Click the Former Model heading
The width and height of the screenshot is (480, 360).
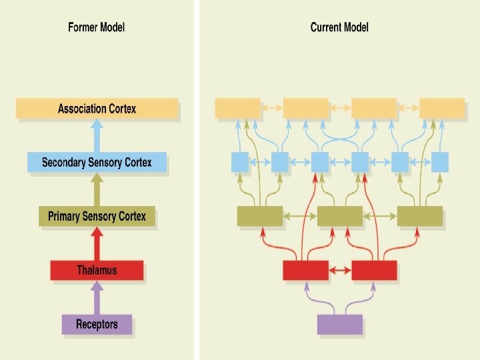(x=96, y=27)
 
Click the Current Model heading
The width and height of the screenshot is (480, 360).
(x=339, y=27)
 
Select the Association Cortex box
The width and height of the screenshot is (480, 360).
(x=97, y=108)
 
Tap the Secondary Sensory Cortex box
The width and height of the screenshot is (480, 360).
(x=97, y=162)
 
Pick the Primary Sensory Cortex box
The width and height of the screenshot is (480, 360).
(x=97, y=217)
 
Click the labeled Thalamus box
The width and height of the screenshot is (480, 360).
(x=97, y=270)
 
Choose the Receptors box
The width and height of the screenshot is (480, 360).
(x=97, y=325)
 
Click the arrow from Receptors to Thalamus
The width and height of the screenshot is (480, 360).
(x=97, y=297)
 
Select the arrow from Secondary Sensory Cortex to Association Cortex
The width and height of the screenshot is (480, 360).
(x=97, y=136)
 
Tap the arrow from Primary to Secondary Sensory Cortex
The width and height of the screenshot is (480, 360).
(x=97, y=189)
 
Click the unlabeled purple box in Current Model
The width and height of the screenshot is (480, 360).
(x=340, y=324)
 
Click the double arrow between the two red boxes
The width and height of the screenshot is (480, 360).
(x=340, y=270)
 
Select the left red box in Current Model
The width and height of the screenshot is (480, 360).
(x=305, y=270)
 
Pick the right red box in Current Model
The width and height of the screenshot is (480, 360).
(x=374, y=270)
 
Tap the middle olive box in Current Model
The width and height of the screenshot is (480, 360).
(x=340, y=215)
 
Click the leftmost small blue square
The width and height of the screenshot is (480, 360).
(x=240, y=161)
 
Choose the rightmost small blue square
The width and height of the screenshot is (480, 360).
(x=440, y=161)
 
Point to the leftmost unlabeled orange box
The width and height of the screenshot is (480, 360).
(x=238, y=108)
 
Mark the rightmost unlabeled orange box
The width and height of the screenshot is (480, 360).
(x=442, y=108)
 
